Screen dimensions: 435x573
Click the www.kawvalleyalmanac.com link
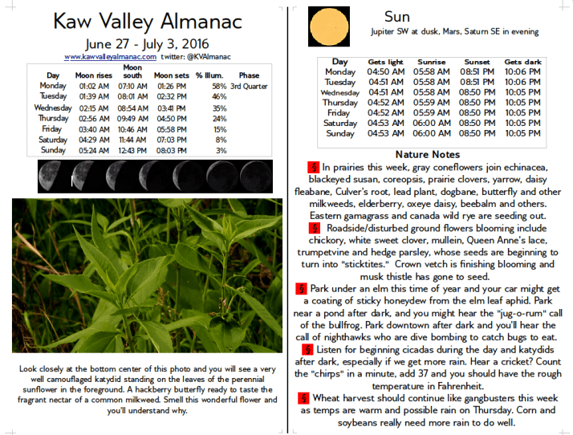[110, 57]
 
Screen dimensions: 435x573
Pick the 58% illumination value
[219, 86]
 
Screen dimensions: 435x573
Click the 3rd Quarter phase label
[249, 86]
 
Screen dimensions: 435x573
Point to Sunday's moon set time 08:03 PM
[172, 150]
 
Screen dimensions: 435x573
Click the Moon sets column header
[171, 75]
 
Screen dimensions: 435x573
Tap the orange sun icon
[330, 26]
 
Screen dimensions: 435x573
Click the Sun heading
[396, 17]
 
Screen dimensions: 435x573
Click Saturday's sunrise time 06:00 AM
[431, 124]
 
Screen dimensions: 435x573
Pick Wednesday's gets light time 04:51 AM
[385, 92]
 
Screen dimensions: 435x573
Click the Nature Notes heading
[428, 154]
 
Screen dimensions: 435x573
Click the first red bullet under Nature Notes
[312, 168]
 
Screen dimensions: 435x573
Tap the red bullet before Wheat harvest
[303, 397]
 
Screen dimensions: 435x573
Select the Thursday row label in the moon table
[53, 118]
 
